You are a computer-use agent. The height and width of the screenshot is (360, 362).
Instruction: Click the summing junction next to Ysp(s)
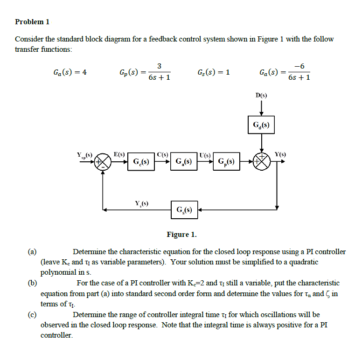[103, 162]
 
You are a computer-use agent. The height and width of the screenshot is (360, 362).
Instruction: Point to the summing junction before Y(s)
[261, 162]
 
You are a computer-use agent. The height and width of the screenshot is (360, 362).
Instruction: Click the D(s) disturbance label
[261, 96]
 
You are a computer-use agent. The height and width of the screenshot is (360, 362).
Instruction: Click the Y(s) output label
[280, 154]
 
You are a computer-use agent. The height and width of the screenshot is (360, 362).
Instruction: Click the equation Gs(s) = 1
[214, 72]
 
